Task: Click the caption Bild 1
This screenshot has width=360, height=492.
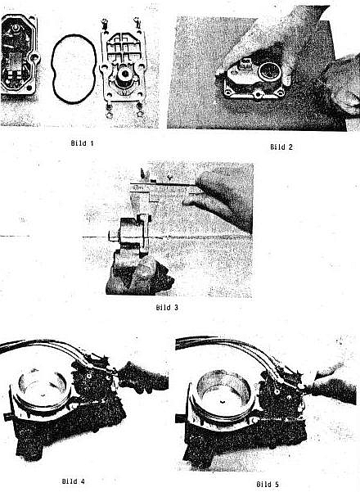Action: point(82,143)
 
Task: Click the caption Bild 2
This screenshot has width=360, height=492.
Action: point(281,147)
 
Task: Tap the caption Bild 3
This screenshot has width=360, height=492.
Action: point(167,308)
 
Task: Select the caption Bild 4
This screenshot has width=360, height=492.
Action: point(73,481)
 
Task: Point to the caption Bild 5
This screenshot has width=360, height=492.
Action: point(268,484)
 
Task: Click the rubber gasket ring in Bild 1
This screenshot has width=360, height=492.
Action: point(52,69)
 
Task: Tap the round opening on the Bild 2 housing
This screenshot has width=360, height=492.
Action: point(269,72)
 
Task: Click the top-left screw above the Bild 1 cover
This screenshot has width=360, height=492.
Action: point(105,24)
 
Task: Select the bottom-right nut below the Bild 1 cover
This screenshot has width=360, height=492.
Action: point(140,111)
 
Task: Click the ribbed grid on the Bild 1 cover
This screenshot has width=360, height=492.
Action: point(124,47)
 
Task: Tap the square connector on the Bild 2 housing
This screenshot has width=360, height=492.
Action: point(245,64)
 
